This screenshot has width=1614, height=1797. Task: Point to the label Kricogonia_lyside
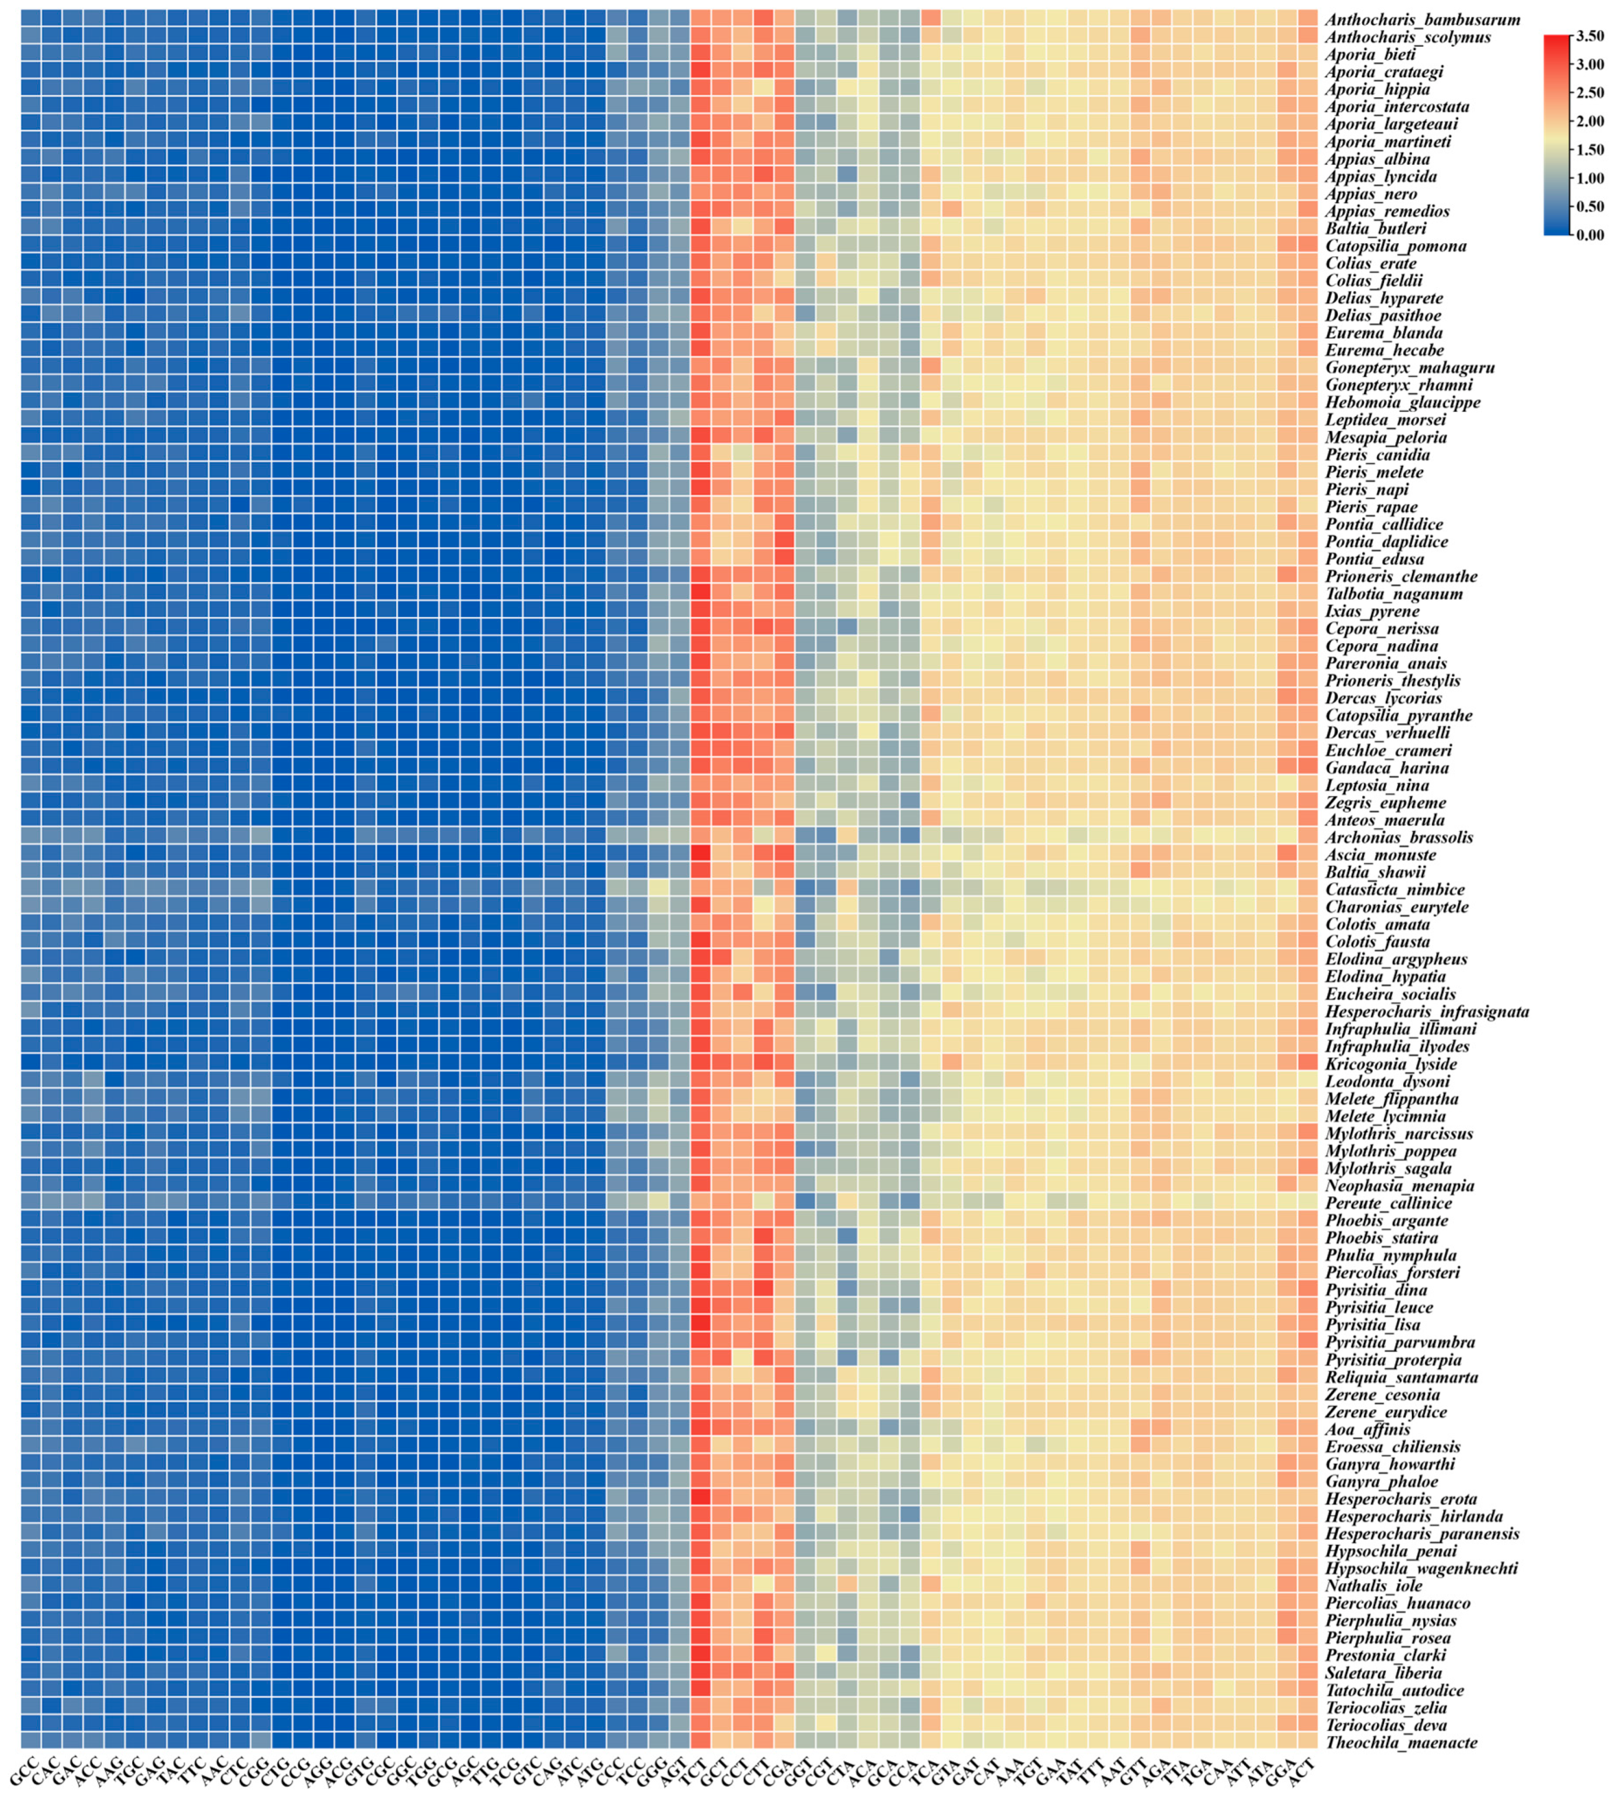(x=1389, y=1063)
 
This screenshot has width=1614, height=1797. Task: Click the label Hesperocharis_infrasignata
(x=1427, y=1011)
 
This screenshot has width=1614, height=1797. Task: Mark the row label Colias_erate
(x=1370, y=263)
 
